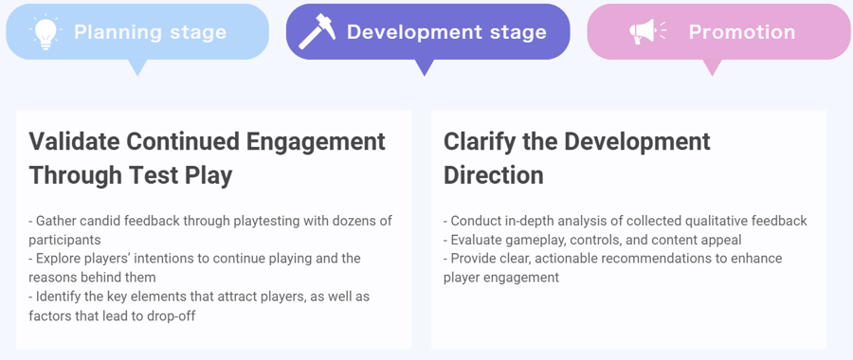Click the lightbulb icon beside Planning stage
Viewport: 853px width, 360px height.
coord(45,32)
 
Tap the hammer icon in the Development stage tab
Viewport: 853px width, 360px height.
coord(317,32)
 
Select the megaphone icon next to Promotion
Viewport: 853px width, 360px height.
coord(647,32)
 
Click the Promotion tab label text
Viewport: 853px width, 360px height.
coord(742,32)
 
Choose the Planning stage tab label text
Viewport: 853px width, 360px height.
coord(151,32)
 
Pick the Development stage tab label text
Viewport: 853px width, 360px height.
coord(446,32)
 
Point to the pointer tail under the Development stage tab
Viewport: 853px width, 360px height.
coord(425,67)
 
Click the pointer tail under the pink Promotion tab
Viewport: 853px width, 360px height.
coord(712,67)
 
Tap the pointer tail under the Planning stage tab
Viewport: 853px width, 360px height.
coord(138,67)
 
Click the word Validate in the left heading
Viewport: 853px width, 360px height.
coord(73,141)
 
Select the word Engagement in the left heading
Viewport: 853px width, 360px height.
coord(316,141)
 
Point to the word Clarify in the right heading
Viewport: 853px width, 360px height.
coord(480,141)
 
